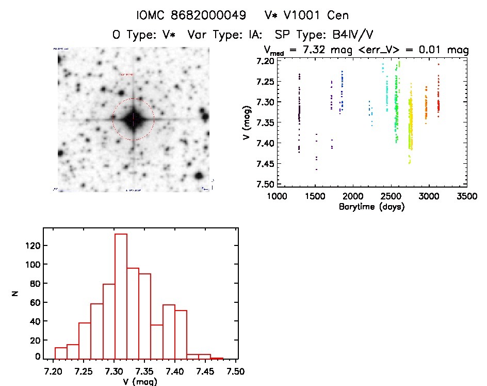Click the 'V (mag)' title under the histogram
(x=144, y=382)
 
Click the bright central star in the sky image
(x=133, y=119)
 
